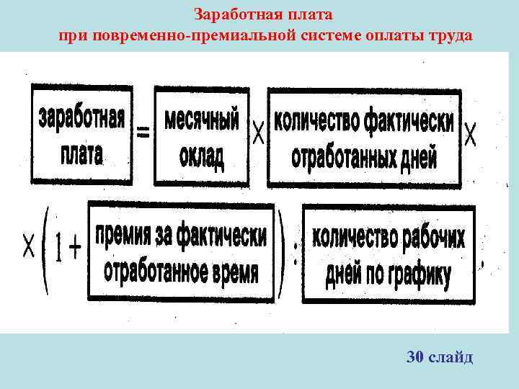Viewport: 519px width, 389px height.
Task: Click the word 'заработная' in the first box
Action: [81, 119]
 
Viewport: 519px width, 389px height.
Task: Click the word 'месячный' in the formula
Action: [202, 120]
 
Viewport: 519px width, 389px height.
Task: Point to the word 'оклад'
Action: [201, 156]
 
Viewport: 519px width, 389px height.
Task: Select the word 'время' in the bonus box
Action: [234, 272]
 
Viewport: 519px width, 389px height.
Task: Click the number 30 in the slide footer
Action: [416, 357]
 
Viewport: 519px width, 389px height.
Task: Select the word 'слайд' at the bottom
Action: [451, 357]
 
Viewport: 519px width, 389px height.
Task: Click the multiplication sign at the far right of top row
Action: [470, 134]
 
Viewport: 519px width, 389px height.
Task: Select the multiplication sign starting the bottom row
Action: [29, 248]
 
